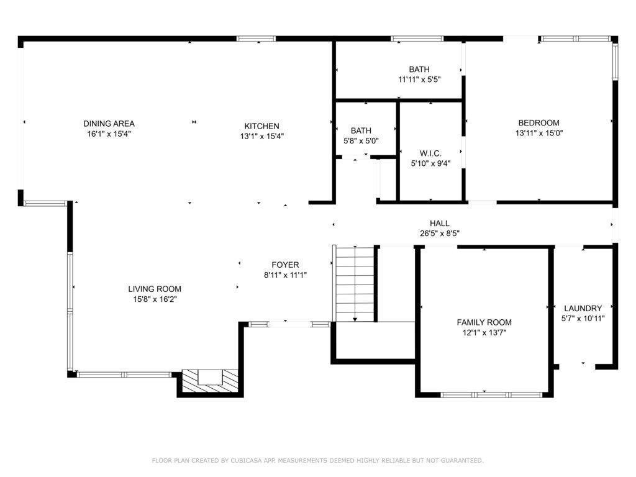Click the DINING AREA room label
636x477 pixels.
109,124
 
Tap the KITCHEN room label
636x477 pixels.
261,126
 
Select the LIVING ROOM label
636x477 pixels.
155,289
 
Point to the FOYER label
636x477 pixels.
285,265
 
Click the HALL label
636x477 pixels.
440,224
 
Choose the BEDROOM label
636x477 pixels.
538,123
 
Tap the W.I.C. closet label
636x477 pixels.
430,154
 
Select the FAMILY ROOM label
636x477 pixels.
484,322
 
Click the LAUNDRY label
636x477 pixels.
583,308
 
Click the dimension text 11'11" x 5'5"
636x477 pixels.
419,79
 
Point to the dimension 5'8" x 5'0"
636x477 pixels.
361,141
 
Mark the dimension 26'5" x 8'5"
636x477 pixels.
440,234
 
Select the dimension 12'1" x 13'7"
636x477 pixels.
484,333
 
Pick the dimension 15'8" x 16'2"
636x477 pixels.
155,299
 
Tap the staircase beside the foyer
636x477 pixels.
355,283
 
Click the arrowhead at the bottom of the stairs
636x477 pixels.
355,320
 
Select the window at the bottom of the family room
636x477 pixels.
491,394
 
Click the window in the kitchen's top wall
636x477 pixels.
257,39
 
